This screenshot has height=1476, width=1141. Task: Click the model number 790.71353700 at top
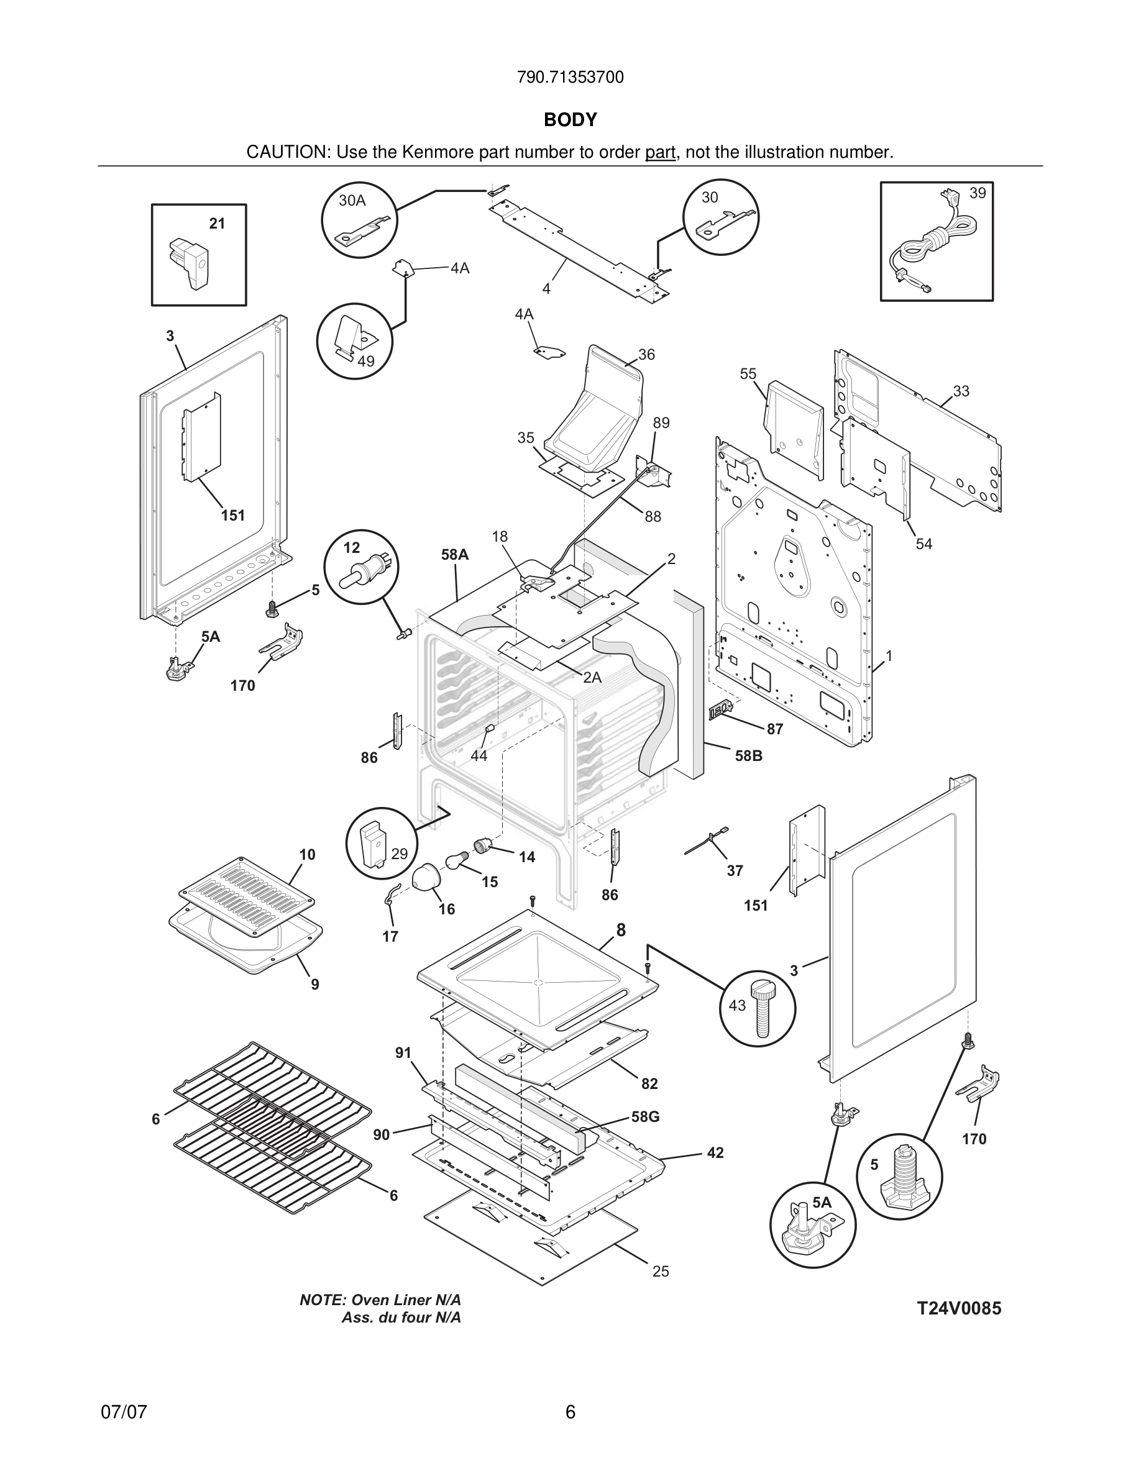(x=570, y=78)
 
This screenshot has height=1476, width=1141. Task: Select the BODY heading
(x=570, y=120)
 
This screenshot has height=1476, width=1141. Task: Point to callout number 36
(x=646, y=355)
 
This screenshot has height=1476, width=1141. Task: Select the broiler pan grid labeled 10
(x=247, y=892)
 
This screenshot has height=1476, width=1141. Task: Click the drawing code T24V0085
(x=958, y=1308)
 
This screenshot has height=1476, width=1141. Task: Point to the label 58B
(x=748, y=756)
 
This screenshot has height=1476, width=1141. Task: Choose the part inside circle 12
(x=358, y=573)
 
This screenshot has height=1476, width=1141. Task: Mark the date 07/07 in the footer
(x=124, y=1412)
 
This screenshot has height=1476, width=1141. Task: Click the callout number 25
(x=661, y=1271)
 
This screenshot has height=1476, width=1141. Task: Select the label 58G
(x=645, y=1117)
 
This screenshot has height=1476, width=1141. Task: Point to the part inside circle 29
(x=372, y=845)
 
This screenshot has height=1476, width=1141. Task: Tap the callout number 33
(x=961, y=391)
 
